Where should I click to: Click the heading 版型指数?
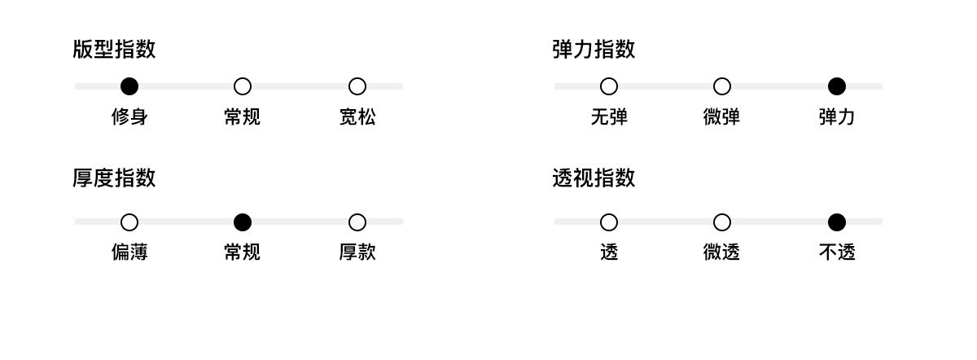click(114, 50)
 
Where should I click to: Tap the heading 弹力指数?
click(594, 50)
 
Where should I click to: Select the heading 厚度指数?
click(114, 178)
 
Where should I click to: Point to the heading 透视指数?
click(594, 178)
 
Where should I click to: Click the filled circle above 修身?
click(129, 86)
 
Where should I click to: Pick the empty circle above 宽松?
click(357, 86)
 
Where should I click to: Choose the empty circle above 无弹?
click(609, 86)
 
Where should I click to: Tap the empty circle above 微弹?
click(722, 86)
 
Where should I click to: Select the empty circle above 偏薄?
click(129, 222)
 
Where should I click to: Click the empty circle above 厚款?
click(357, 222)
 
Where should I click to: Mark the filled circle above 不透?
click(837, 222)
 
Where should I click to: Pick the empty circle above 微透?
click(722, 222)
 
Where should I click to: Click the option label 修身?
click(129, 117)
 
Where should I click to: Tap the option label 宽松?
click(357, 117)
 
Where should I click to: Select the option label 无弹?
click(609, 117)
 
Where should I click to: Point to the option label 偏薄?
click(129, 252)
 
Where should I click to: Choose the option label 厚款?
click(357, 252)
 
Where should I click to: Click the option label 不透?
click(837, 252)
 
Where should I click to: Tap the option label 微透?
click(722, 252)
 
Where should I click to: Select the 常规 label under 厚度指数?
click(243, 252)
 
